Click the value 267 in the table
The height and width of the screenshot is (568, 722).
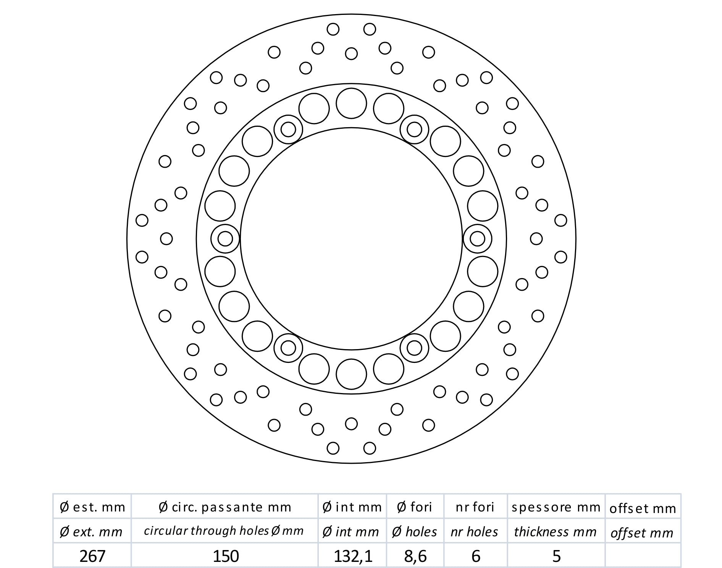pos(92,556)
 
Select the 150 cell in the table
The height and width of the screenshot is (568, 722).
pos(226,556)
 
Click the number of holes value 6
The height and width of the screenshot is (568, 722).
pos(476,556)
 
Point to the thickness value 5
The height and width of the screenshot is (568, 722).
pos(557,556)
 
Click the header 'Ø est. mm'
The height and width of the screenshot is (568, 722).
pos(92,507)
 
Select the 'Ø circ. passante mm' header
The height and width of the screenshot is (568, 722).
pos(225,507)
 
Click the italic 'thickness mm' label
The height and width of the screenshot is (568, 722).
pos(556,532)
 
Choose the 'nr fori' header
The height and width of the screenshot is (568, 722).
pos(475,507)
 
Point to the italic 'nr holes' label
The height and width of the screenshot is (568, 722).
pos(475,532)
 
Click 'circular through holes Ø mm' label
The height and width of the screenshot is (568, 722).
pos(224,531)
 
